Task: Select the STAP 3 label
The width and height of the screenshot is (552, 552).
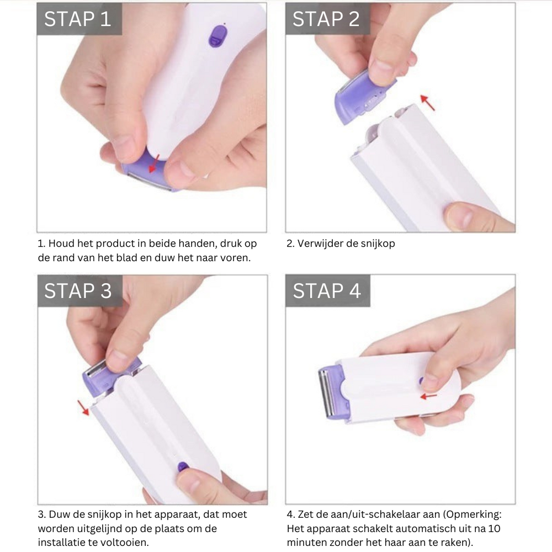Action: pyautogui.click(x=78, y=291)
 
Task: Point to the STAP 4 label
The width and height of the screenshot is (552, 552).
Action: pyautogui.click(x=327, y=291)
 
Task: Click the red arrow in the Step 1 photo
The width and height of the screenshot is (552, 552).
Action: pyautogui.click(x=155, y=163)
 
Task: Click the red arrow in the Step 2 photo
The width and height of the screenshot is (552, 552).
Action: pyautogui.click(x=427, y=102)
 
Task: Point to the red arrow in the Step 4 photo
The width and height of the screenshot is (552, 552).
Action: pyautogui.click(x=428, y=396)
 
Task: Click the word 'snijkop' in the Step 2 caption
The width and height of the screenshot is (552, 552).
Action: pyautogui.click(x=378, y=243)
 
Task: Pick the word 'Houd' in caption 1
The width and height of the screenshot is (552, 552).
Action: pyautogui.click(x=61, y=243)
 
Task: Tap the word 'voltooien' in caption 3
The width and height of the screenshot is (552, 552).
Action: pyautogui.click(x=128, y=542)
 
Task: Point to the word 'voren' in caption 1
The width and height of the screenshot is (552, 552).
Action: pyautogui.click(x=236, y=257)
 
